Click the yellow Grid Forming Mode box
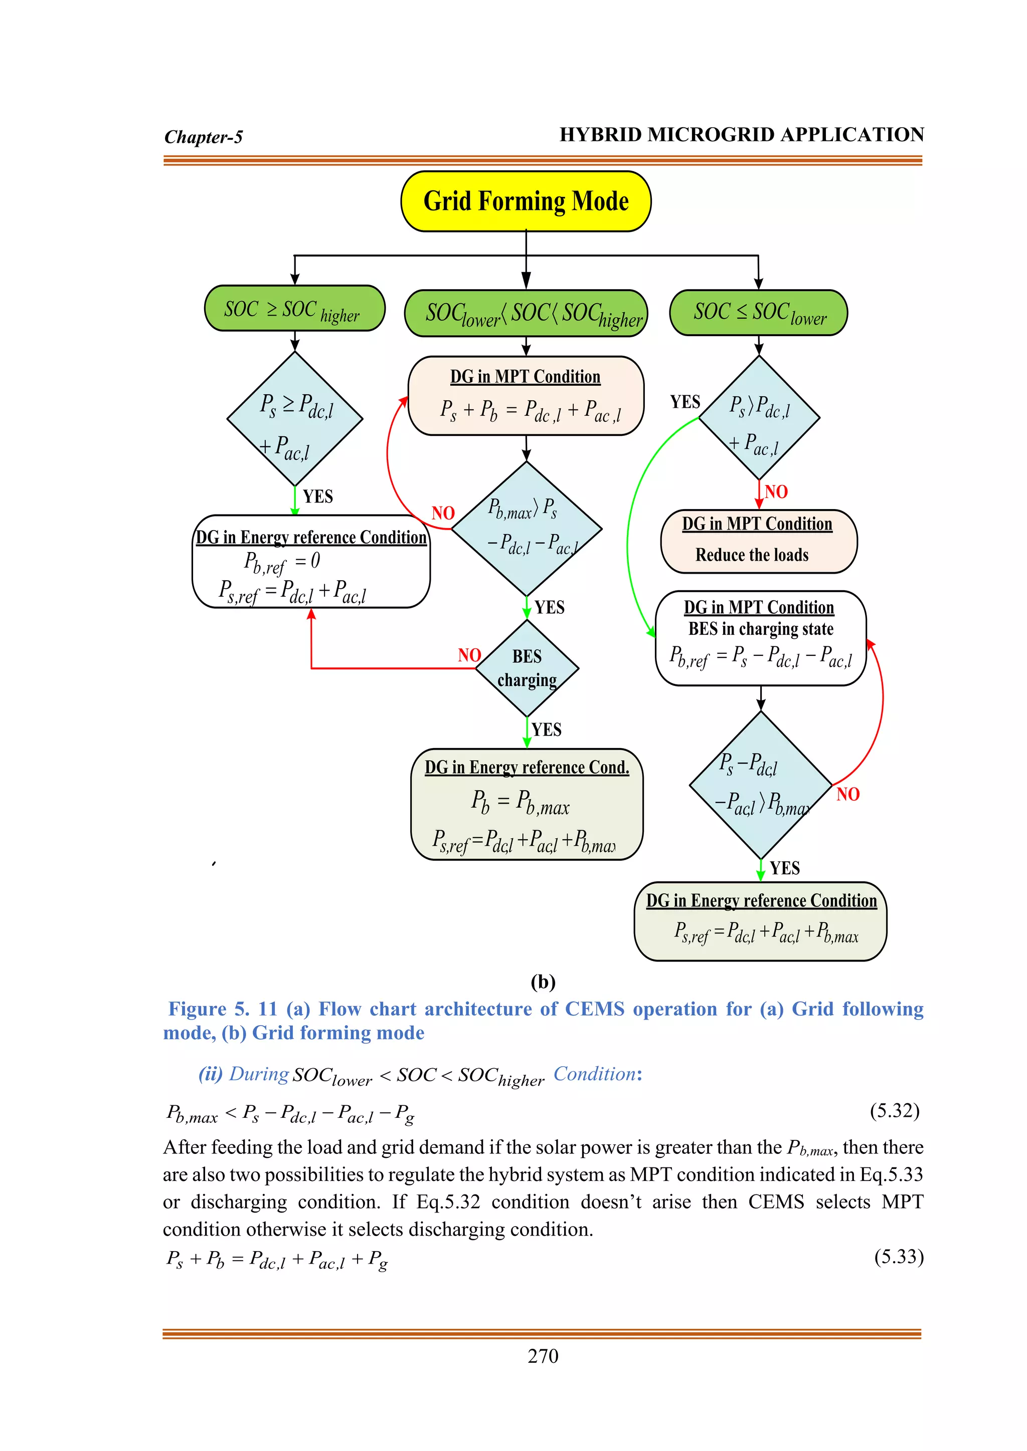(x=526, y=201)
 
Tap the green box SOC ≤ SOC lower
(x=758, y=312)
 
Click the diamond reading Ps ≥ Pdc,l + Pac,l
(x=295, y=419)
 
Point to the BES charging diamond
(x=527, y=668)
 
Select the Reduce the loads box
(x=758, y=542)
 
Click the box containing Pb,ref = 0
(x=310, y=562)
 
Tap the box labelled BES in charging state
(x=760, y=638)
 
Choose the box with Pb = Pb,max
(x=526, y=805)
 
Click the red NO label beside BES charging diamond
(x=469, y=655)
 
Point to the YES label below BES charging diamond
(x=547, y=730)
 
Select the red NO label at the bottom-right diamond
(x=847, y=794)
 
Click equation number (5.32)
(x=894, y=1110)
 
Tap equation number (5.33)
(x=899, y=1257)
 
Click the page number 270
(x=543, y=1356)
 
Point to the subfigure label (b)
(x=543, y=982)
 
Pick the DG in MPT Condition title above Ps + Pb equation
(x=525, y=377)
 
